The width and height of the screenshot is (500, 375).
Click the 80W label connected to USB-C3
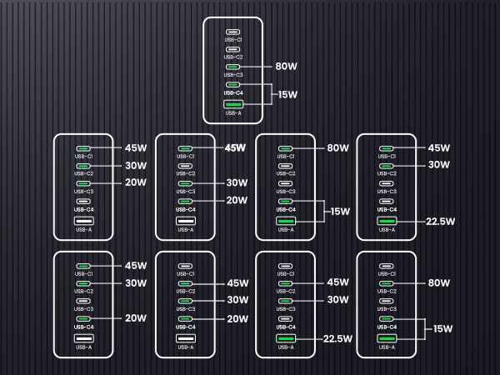(286, 66)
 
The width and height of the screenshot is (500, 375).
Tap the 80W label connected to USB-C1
(337, 148)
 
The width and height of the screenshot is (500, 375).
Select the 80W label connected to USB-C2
(439, 282)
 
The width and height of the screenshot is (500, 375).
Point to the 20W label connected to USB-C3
(136, 182)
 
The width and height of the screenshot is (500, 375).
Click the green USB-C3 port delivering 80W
(232, 67)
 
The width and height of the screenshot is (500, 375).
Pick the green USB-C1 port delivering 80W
(285, 148)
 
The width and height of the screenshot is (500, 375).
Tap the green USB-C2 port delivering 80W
(386, 283)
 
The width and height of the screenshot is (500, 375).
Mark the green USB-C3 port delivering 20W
(83, 183)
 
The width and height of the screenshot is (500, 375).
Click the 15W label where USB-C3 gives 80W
(287, 94)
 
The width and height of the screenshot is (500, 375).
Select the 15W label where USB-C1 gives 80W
(340, 212)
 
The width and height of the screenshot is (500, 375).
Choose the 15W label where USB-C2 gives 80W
(442, 329)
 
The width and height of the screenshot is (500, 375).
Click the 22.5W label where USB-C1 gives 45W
(440, 222)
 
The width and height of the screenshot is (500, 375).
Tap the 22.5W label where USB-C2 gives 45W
(337, 338)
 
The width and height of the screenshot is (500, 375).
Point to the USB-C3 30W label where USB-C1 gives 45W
(237, 182)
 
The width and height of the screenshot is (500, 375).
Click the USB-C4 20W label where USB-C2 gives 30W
(136, 318)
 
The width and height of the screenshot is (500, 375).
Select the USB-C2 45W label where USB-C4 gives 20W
(237, 283)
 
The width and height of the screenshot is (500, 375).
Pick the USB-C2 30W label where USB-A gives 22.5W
(439, 164)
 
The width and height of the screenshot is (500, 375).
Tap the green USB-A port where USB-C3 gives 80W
(233, 104)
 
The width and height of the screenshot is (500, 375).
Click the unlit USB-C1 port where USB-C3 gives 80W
(232, 32)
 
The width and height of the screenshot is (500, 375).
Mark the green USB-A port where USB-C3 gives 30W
(285, 338)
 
